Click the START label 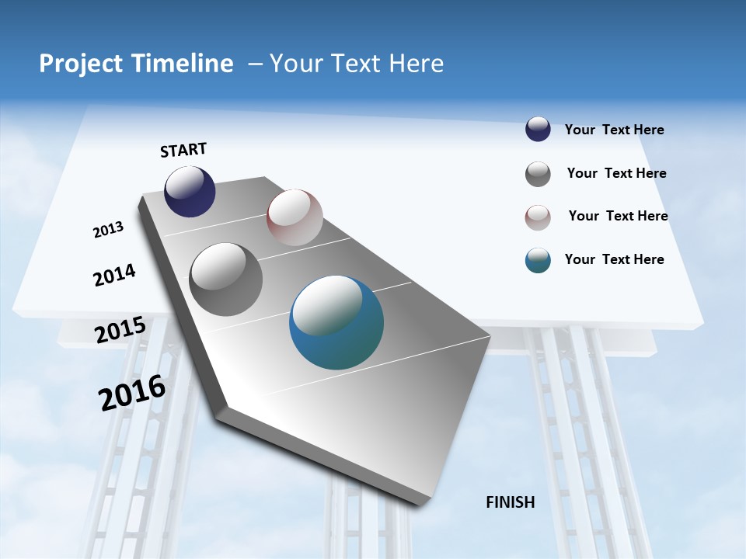(x=183, y=150)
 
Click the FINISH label (x=510, y=502)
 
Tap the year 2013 (x=108, y=230)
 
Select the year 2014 (x=114, y=276)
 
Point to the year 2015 (x=120, y=330)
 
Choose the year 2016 (x=132, y=393)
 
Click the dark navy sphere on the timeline (x=190, y=191)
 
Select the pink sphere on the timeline (x=295, y=217)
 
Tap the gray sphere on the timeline (x=226, y=279)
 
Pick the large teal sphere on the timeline (x=336, y=322)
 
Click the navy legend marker (x=538, y=130)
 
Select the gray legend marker (x=538, y=174)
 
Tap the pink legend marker (x=538, y=217)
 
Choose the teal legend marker (x=538, y=260)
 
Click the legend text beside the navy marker (x=614, y=130)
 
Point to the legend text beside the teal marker (x=614, y=259)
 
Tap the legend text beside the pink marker (x=618, y=216)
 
